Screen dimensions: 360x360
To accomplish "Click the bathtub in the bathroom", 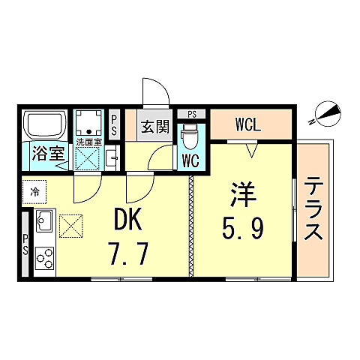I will click(45, 124).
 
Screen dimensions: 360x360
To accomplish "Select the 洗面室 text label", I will click(88, 141).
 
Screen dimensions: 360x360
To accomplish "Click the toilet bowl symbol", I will click(190, 136).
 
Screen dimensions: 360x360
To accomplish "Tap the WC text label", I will click(190, 160).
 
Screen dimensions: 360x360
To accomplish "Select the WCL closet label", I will click(247, 124).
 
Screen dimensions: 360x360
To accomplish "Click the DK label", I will click(129, 220).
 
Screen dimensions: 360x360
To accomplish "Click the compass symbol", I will click(324, 112).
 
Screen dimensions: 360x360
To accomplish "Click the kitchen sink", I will click(43, 222).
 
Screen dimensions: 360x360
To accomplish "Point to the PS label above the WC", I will click(192, 113).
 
